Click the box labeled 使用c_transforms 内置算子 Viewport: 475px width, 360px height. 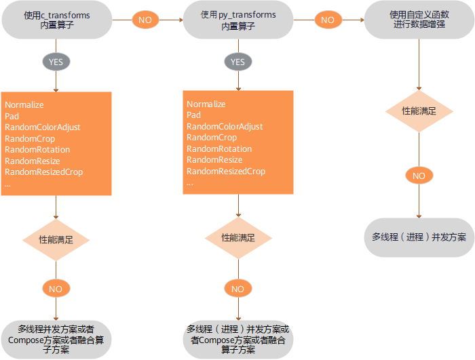click(56, 20)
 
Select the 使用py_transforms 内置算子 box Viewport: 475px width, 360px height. click(237, 20)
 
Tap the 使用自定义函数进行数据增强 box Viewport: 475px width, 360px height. click(419, 20)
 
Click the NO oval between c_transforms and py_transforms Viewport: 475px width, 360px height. click(145, 20)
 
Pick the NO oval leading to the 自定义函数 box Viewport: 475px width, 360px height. click(328, 20)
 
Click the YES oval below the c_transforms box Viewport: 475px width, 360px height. click(56, 62)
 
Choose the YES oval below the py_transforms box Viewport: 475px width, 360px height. click(237, 62)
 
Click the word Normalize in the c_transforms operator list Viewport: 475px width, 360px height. click(24, 105)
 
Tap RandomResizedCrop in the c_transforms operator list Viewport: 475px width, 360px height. click(43, 172)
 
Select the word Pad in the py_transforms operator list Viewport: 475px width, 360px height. click(193, 115)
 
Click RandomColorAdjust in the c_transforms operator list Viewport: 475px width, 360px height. click(43, 127)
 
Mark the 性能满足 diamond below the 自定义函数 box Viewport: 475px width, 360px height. click(419, 110)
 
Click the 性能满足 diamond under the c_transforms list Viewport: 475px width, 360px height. click(56, 240)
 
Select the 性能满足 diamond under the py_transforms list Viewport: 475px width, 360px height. click(238, 238)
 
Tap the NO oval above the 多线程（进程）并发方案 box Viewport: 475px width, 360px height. click(419, 176)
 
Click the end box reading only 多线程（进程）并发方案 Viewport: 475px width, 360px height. click(419, 237)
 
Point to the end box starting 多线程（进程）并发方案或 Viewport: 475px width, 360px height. click(237, 339)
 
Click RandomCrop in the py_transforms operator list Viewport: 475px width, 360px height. click(211, 138)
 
